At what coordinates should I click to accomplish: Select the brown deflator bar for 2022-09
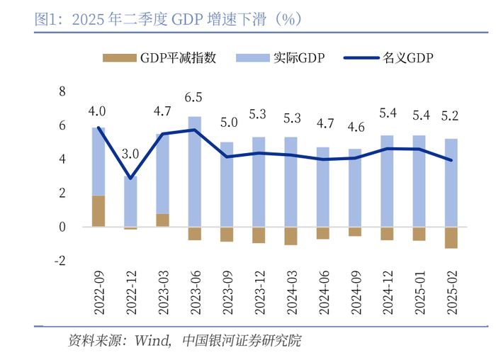tap(98, 211)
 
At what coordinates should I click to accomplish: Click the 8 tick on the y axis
tap(62, 91)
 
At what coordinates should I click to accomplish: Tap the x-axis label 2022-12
tap(131, 291)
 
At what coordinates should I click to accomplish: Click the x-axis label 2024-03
tap(291, 291)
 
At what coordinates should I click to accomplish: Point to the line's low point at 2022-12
tap(130, 178)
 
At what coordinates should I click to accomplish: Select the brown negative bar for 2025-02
tap(451, 237)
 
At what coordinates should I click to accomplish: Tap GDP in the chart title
tap(188, 19)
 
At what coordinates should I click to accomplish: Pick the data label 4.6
tap(355, 128)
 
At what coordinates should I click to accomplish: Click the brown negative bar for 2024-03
tap(291, 236)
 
